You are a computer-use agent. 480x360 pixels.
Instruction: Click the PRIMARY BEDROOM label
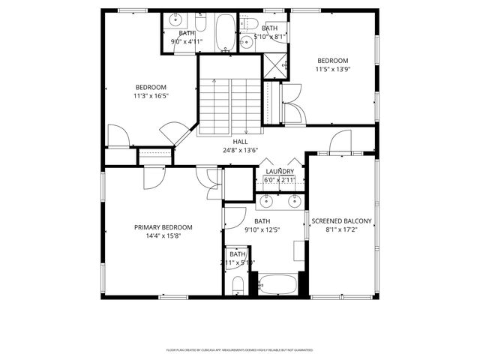click(x=163, y=227)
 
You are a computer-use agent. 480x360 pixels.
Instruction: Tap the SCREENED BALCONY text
click(x=341, y=220)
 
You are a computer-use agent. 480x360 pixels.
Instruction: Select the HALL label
click(x=240, y=141)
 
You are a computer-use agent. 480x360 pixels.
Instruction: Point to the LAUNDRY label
click(x=280, y=172)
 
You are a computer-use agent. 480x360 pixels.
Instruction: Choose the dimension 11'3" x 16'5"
click(x=150, y=96)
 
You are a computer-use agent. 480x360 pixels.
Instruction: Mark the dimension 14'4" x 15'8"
click(x=163, y=236)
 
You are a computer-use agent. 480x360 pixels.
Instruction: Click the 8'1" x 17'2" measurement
click(x=341, y=229)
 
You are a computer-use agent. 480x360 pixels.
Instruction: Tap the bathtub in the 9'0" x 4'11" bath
click(x=224, y=31)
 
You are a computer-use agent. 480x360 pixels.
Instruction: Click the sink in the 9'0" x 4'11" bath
click(x=174, y=19)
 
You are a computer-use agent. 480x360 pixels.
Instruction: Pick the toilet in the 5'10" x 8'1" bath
click(x=250, y=21)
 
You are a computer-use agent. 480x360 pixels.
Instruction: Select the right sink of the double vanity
click(x=294, y=200)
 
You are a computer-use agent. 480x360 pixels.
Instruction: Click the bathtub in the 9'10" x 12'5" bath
click(x=277, y=284)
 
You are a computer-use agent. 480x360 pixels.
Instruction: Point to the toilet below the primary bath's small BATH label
click(x=237, y=285)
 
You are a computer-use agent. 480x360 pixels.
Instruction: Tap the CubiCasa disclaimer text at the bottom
click(x=240, y=349)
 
